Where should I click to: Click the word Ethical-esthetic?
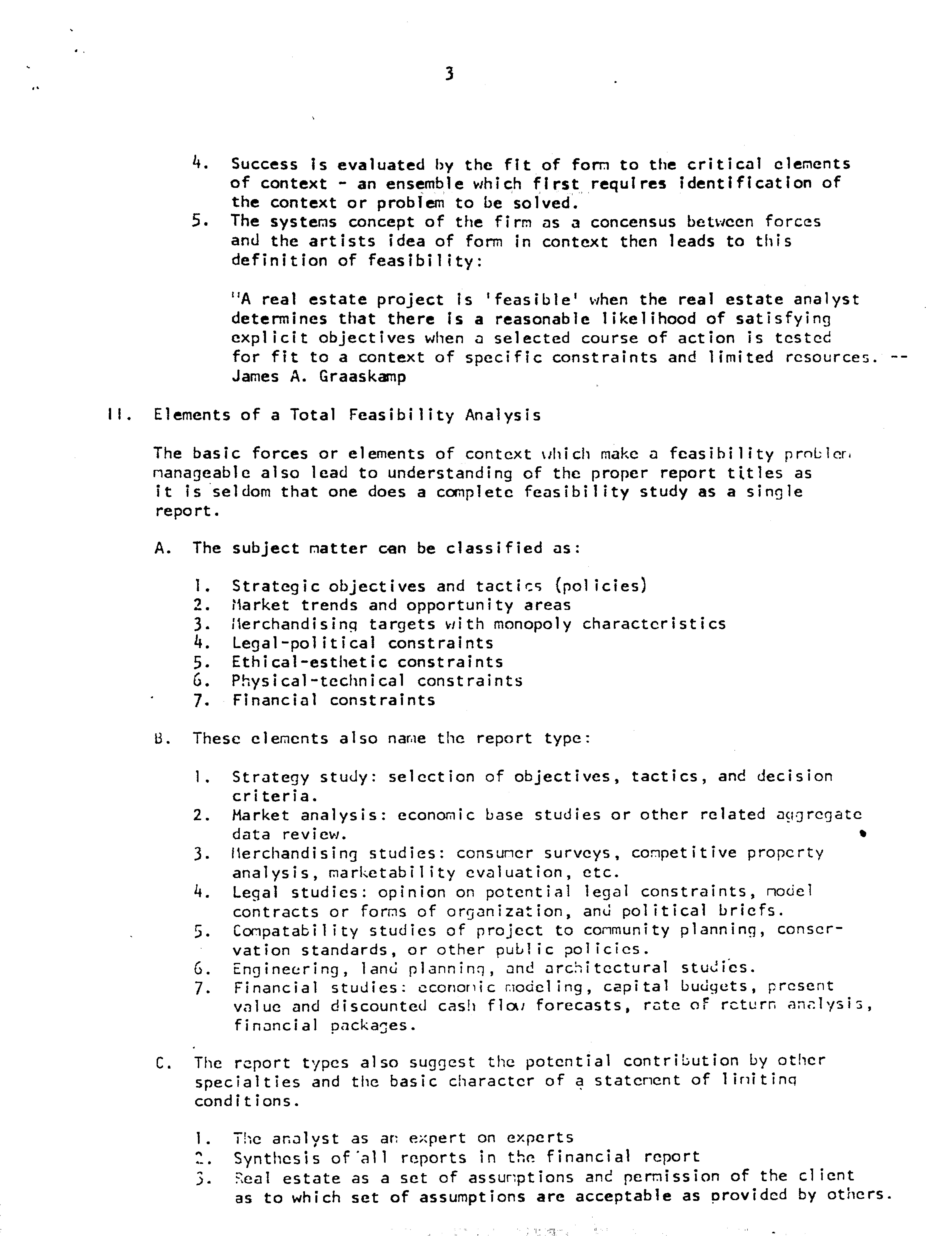[x=309, y=662]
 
